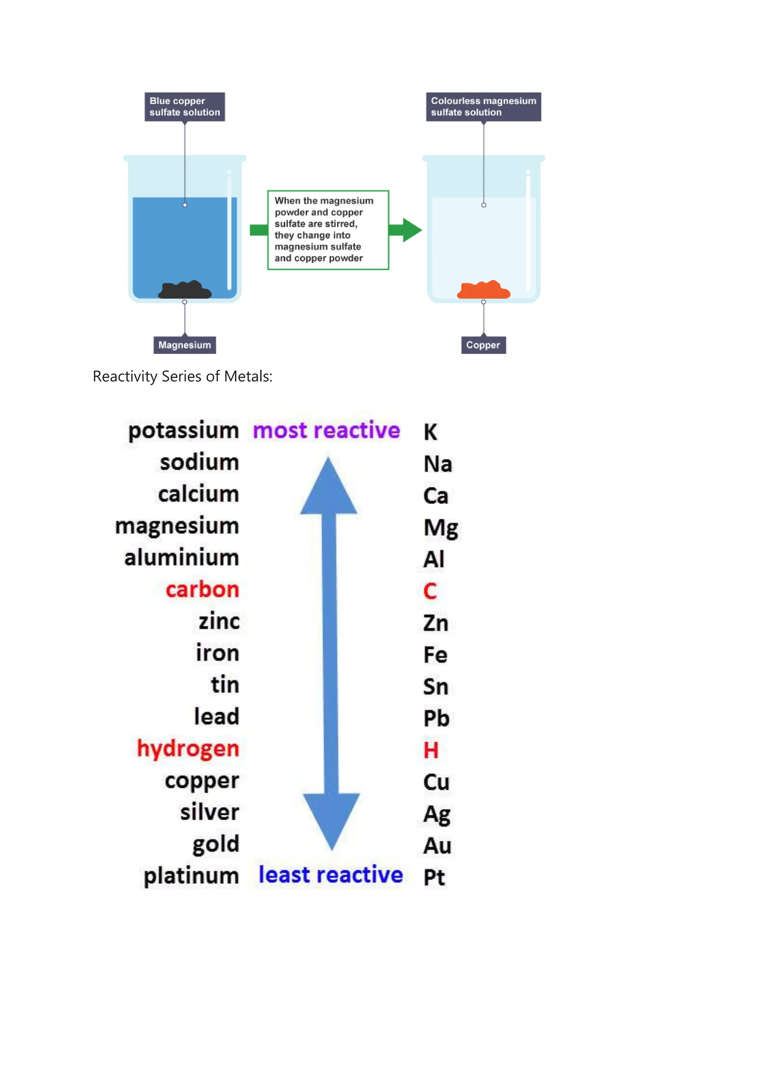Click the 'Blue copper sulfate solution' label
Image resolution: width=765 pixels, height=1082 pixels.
coord(184,106)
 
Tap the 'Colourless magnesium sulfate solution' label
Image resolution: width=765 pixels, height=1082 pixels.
coord(483,106)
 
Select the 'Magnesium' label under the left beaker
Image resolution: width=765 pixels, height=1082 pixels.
coord(184,345)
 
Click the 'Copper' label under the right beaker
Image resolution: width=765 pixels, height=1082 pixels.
coord(483,345)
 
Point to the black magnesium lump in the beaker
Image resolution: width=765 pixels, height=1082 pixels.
coord(185,290)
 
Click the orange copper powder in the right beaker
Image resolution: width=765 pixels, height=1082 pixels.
coord(483,290)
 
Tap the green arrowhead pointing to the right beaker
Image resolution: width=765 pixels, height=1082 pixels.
coord(411,230)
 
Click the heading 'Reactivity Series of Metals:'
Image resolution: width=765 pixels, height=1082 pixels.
coord(182,377)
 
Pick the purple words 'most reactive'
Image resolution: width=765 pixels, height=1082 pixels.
coord(326,430)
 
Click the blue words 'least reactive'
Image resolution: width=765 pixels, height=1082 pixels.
coord(330,875)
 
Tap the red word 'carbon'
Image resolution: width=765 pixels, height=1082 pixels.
coord(202,590)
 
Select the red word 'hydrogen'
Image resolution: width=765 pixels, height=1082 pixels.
coord(188,749)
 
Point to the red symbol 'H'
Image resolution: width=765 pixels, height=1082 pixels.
coord(431,750)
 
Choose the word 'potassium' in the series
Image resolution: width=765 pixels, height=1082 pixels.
coord(184,431)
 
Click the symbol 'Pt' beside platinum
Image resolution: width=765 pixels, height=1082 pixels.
coord(434,878)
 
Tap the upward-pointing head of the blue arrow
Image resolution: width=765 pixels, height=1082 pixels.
coord(328,488)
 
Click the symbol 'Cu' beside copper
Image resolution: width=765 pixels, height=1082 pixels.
coord(436,782)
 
